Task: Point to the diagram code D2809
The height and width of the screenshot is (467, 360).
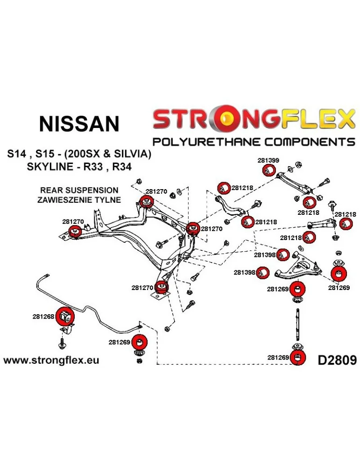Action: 337,360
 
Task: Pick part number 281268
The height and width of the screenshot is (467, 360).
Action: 44,316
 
